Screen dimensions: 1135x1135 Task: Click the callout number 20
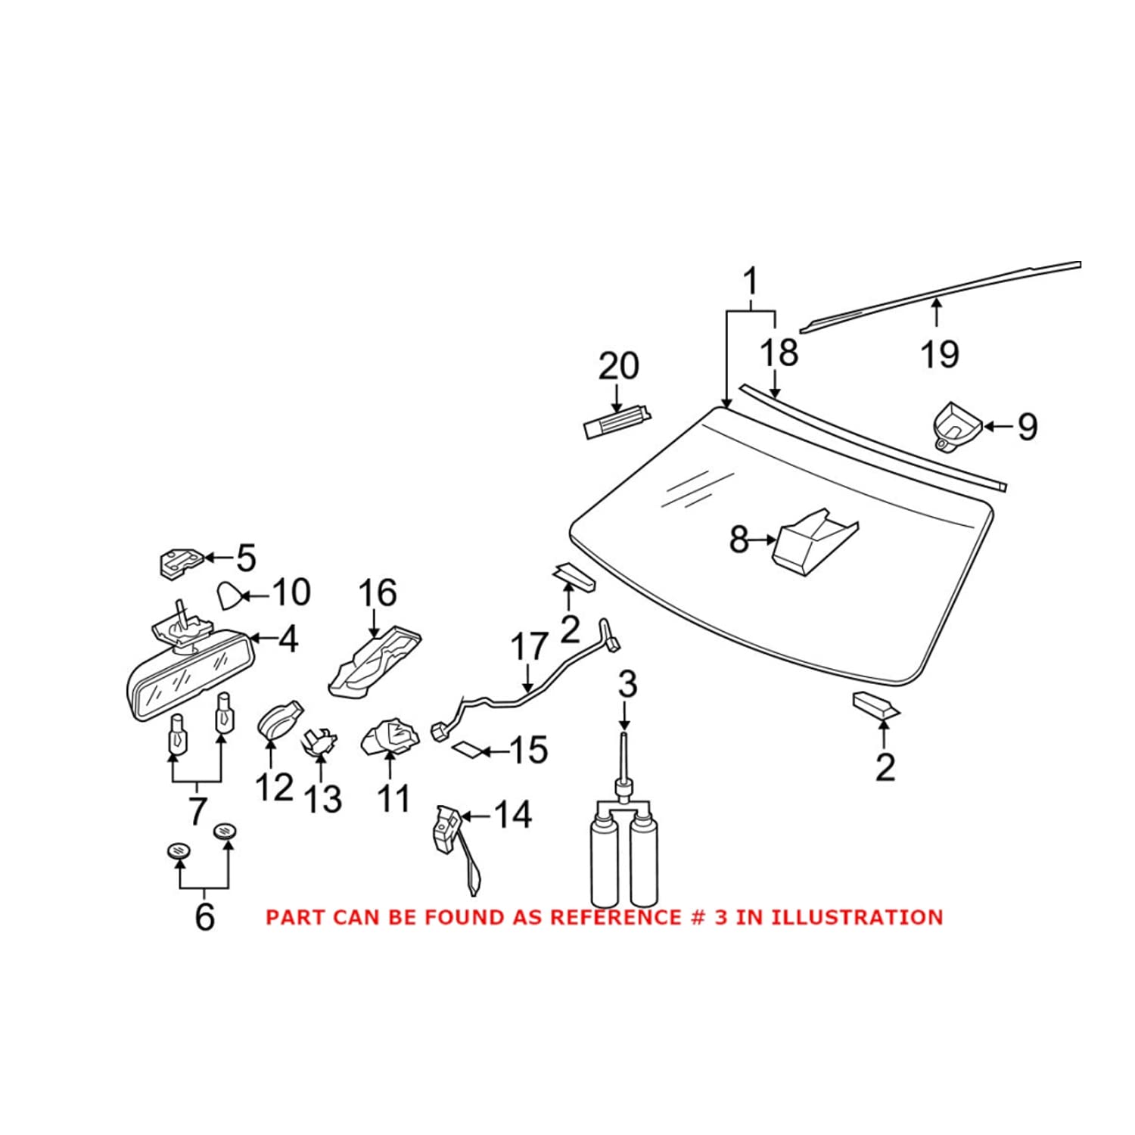(x=618, y=366)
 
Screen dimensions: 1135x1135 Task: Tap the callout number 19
(x=940, y=354)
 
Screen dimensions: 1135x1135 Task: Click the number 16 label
(x=377, y=593)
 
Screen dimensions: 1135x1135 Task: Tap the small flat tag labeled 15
(x=467, y=750)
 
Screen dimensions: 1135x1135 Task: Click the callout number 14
(x=512, y=815)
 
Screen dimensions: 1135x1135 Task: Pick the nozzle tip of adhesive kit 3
(x=623, y=749)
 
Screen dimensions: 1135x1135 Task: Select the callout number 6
(x=204, y=917)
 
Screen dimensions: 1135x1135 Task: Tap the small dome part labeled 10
(x=229, y=596)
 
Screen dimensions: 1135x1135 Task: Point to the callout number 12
(x=274, y=788)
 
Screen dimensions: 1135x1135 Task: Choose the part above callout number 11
(x=390, y=737)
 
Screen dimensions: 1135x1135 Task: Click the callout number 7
(x=197, y=810)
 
